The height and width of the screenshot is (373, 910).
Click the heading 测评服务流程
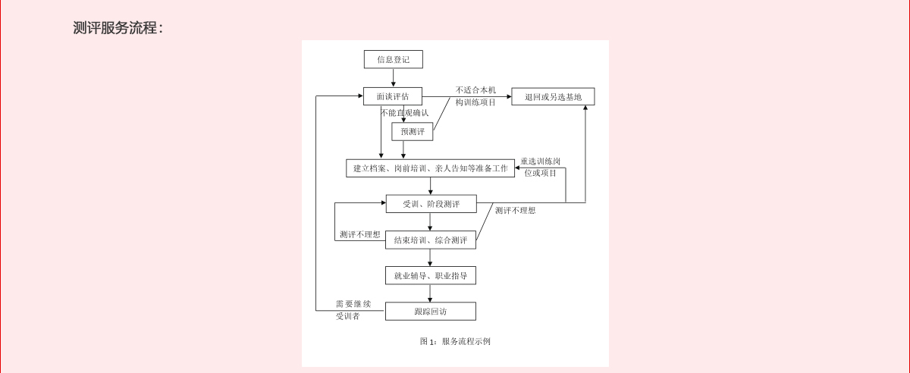coord(118,28)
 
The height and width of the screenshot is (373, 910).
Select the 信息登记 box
coord(393,59)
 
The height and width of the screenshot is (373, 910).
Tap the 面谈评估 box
coord(392,96)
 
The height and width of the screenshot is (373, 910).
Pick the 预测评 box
coord(413,131)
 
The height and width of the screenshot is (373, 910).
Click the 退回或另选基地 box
coord(553,96)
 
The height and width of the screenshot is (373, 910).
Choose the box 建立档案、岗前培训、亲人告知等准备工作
coord(430,168)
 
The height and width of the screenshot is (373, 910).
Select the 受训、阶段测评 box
coord(431,203)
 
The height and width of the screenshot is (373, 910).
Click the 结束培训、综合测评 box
coord(430,240)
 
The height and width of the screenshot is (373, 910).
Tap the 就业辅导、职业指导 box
coord(430,275)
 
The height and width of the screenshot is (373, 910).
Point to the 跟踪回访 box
coord(430,311)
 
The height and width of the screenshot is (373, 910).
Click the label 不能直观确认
coord(405,113)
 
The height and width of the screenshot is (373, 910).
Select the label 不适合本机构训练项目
coord(475,96)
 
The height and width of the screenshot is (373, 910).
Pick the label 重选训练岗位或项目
coord(540,167)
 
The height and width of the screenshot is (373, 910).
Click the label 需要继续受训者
coord(353,309)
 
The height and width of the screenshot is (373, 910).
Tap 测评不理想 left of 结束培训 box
coord(360,234)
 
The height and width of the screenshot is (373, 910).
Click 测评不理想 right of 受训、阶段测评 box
coord(515,211)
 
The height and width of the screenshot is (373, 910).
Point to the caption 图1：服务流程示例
coord(455,341)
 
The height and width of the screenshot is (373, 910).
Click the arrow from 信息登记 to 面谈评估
coord(393,78)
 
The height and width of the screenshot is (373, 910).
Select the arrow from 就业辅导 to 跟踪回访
coord(430,293)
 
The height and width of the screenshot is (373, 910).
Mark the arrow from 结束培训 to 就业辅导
coord(430,258)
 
